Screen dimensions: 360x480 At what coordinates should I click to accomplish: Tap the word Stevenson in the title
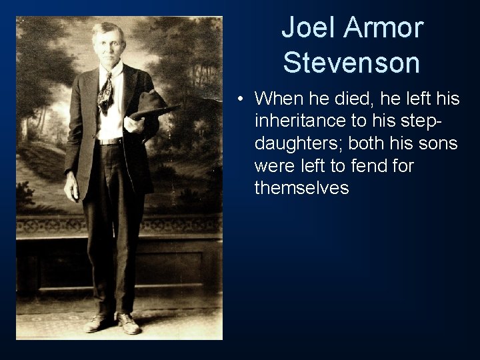[351, 63]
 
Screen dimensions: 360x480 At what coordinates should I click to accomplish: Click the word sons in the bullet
[438, 144]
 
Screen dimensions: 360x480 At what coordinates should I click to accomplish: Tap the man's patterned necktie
[105, 93]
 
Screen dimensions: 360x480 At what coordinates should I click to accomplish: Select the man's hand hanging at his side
[71, 189]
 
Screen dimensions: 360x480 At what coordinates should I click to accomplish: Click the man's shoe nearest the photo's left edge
[98, 323]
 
